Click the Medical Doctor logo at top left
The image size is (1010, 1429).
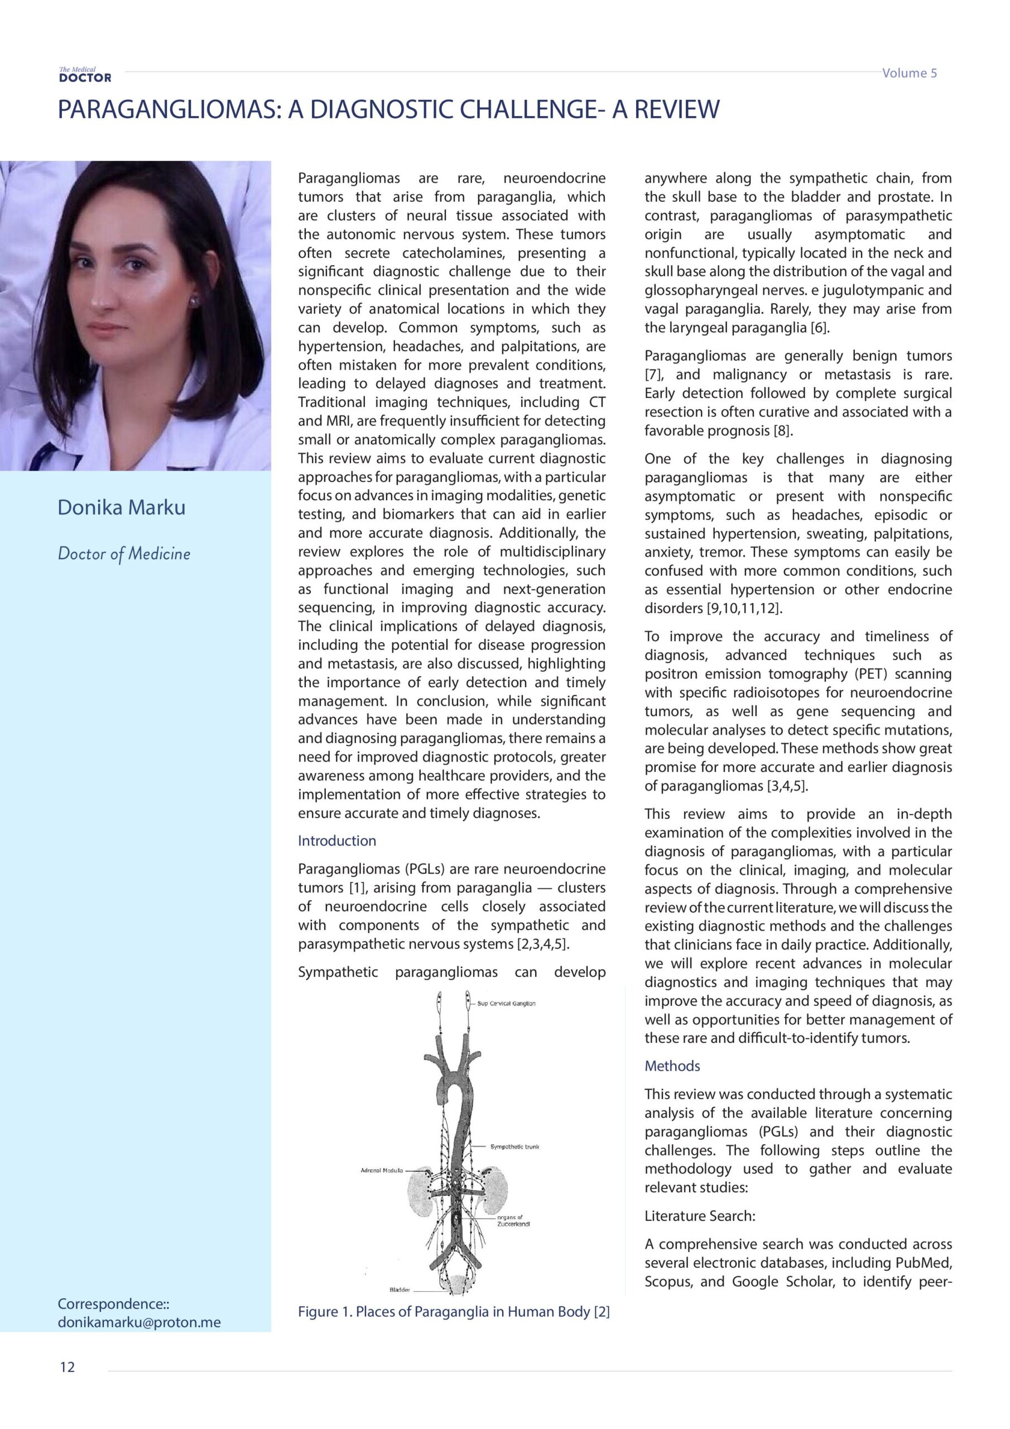(85, 75)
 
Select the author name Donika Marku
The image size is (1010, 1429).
(121, 507)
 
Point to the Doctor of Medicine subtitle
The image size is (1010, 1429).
(124, 553)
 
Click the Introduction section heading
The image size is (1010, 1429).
(336, 841)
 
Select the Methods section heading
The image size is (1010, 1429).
(672, 1066)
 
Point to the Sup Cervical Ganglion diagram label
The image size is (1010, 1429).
(506, 1003)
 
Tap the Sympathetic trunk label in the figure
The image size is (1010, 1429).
(514, 1147)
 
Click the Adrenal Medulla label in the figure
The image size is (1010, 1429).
(382, 1170)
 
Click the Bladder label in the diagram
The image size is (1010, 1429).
(400, 1289)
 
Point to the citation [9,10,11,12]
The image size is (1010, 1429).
(744, 608)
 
